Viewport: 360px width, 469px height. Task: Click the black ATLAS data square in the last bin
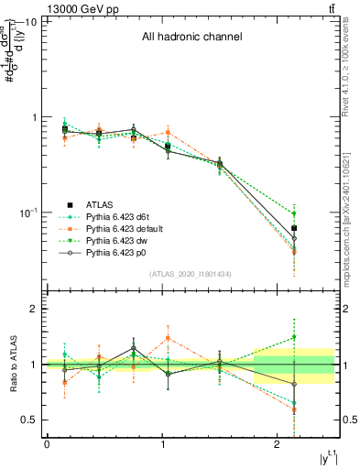click(x=294, y=228)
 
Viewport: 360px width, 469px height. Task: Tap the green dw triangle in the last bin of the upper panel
click(x=294, y=214)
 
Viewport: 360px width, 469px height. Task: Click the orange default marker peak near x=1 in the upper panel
click(x=168, y=133)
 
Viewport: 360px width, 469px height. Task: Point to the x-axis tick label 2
click(x=278, y=444)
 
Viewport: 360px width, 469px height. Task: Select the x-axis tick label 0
click(x=47, y=444)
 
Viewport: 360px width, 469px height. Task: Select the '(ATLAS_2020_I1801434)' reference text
click(x=190, y=274)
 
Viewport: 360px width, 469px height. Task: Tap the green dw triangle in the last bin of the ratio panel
click(x=294, y=338)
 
